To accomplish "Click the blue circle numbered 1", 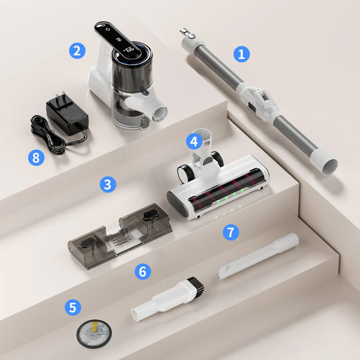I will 242,54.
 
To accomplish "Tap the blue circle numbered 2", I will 77,50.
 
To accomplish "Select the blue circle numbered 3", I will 108,184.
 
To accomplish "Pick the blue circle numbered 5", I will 72,308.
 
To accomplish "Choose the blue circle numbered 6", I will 142,271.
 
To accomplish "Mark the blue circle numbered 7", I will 230,232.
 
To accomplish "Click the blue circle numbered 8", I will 36,157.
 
